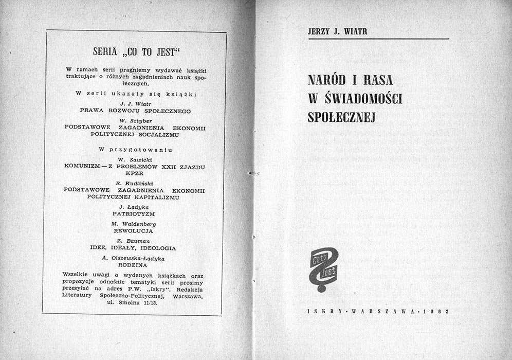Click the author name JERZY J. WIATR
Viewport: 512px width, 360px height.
[x=337, y=32]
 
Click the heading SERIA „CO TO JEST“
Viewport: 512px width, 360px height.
[x=135, y=51]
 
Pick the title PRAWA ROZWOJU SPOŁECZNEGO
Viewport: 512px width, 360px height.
[x=135, y=111]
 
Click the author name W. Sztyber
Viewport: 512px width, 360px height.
[x=135, y=120]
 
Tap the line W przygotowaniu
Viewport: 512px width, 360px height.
[x=135, y=150]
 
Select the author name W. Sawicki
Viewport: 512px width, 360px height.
[x=135, y=159]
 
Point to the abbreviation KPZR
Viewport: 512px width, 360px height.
[x=135, y=174]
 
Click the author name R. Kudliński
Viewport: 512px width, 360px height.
[x=135, y=183]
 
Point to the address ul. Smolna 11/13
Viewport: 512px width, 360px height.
[x=135, y=302]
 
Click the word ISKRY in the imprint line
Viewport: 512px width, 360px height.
[x=322, y=312]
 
